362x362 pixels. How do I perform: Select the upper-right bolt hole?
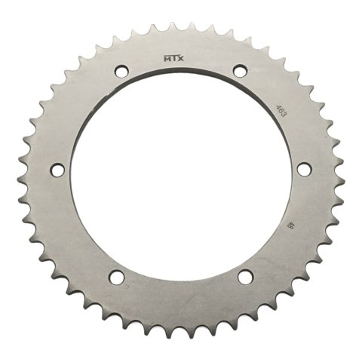point(240,72)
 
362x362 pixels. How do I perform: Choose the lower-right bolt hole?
point(243,278)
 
